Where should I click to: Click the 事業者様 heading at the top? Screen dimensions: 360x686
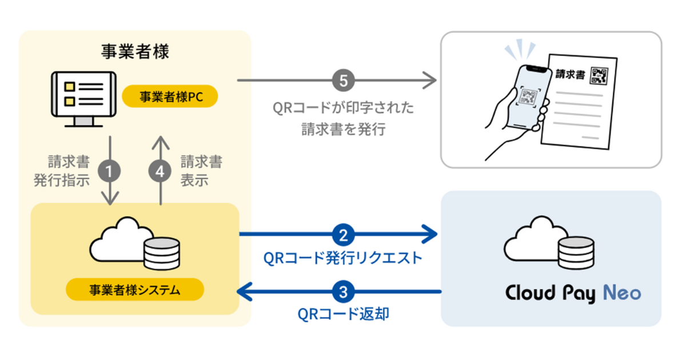coord(135,52)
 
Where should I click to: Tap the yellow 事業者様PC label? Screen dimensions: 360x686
coord(170,97)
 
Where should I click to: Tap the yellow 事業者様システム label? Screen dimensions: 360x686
coord(134,290)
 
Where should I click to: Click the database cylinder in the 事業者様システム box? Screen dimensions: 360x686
coord(161,254)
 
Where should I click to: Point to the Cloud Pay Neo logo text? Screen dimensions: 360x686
coord(573,293)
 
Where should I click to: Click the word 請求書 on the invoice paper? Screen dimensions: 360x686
coord(570,75)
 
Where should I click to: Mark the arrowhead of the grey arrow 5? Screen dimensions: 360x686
coord(430,81)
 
